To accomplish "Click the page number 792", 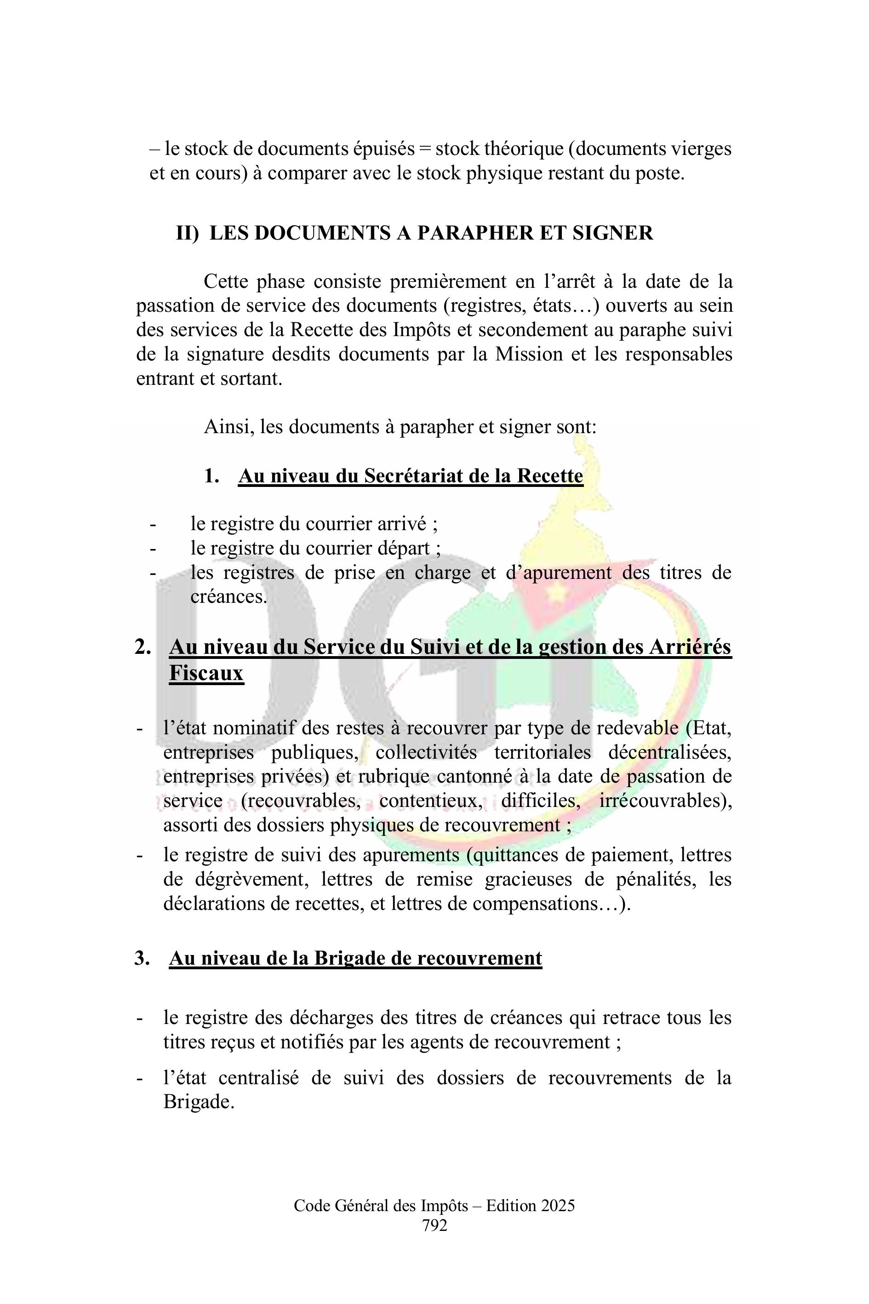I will pos(434,1225).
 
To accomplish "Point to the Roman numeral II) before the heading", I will pos(187,233).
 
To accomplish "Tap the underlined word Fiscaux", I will pos(206,673).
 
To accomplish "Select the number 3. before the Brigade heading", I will pos(142,958).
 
